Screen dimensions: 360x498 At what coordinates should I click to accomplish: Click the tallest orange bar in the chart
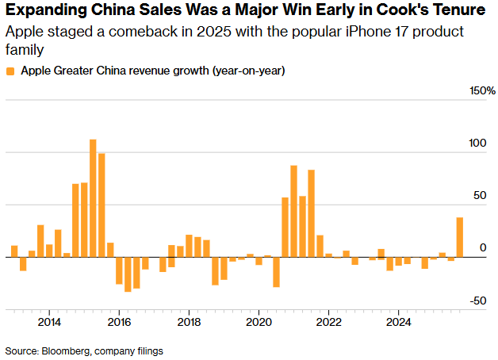(93, 198)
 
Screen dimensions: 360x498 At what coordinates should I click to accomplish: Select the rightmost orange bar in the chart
(460, 237)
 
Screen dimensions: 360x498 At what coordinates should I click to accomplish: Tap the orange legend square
(10, 71)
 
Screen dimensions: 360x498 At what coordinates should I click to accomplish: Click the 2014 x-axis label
(49, 322)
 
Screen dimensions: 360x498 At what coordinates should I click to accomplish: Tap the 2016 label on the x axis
(119, 322)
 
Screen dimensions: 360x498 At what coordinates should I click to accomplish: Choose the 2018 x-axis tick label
(189, 322)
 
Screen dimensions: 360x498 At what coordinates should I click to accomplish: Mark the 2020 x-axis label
(259, 322)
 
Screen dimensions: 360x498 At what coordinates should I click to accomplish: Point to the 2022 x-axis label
(329, 322)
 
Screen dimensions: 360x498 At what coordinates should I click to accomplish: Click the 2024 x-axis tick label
(399, 322)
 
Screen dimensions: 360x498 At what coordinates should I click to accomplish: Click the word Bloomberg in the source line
(68, 350)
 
